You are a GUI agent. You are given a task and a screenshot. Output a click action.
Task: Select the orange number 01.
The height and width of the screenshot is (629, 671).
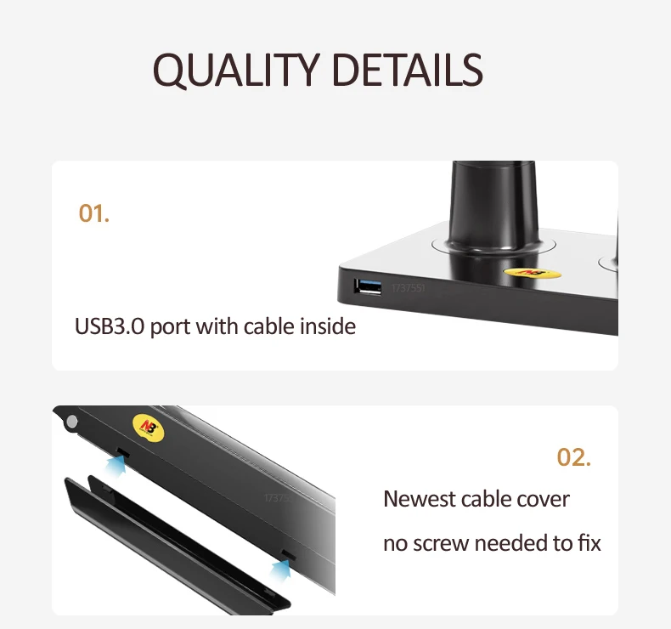tap(93, 213)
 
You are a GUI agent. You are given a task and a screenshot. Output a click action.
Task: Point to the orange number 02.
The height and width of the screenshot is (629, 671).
tap(573, 457)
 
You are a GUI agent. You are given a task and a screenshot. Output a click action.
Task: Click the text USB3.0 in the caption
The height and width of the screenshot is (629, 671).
tap(110, 326)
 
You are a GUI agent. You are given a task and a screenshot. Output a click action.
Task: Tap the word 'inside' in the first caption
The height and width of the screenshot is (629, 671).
tap(327, 326)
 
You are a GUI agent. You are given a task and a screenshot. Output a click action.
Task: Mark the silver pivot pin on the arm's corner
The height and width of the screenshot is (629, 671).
tap(71, 422)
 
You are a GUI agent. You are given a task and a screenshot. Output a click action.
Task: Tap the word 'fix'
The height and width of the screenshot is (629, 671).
tap(588, 543)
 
